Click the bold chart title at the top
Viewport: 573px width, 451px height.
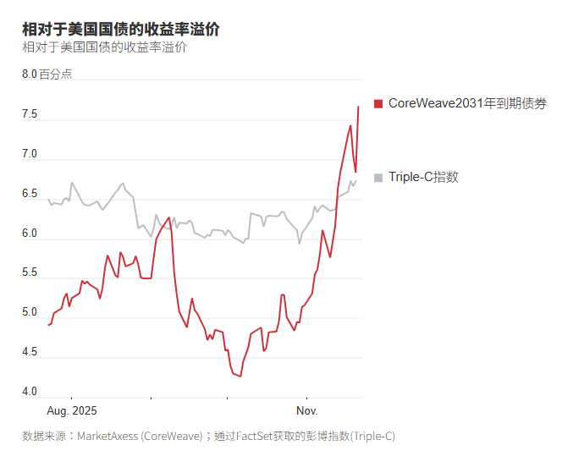(121, 30)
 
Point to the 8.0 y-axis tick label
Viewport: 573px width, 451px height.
(30, 74)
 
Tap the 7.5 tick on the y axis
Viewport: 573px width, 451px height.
(30, 114)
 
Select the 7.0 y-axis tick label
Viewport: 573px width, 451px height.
(30, 154)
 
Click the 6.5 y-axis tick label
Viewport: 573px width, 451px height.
(30, 194)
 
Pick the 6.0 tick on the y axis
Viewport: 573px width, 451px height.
(30, 234)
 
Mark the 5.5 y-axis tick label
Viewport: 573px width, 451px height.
(30, 272)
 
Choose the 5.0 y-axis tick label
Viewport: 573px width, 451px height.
(30, 312)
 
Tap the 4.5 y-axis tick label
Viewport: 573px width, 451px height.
(30, 352)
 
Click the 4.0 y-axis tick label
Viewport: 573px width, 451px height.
(30, 392)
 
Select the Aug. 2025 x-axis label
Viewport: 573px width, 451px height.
(71, 410)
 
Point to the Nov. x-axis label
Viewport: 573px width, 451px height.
(306, 410)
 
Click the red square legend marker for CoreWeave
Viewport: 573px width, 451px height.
(378, 103)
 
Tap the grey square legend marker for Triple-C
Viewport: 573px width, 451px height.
(378, 177)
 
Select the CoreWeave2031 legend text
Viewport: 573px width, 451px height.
(467, 103)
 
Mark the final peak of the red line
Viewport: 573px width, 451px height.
(358, 107)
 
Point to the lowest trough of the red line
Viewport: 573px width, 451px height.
(240, 376)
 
